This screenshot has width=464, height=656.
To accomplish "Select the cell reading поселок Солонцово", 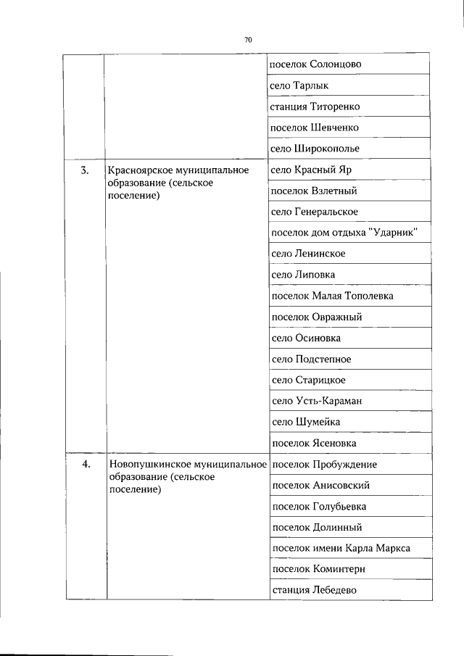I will pyautogui.click(x=315, y=65).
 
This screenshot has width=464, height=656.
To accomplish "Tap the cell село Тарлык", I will pyautogui.click(x=299, y=86).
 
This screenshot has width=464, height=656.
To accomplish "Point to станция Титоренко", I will pyautogui.click(x=315, y=107).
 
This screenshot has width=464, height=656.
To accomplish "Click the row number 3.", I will pyautogui.click(x=85, y=170).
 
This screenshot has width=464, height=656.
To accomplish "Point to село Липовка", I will pyautogui.click(x=303, y=275).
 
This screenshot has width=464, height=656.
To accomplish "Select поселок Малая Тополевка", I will pyautogui.click(x=332, y=296).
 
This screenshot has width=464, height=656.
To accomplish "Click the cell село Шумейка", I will pyautogui.click(x=305, y=422).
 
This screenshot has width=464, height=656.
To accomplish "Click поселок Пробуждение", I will pyautogui.click(x=323, y=465).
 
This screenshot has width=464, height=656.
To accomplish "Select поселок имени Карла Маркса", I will pyautogui.click(x=340, y=549).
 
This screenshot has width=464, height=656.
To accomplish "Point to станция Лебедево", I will pyautogui.click(x=314, y=591).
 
